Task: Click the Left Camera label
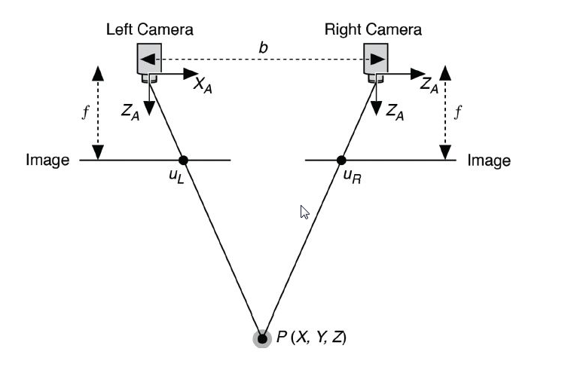coord(149,30)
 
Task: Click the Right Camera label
coord(373,30)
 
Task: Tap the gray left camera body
coord(148,59)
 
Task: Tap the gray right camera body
coord(376,59)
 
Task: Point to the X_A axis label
coord(203,85)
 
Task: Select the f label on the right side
coord(460,113)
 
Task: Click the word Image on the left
coord(47,160)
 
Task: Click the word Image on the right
coord(489,161)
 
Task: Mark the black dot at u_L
coord(183,160)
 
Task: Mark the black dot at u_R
coord(341,160)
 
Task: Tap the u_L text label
coord(176,179)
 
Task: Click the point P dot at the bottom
coord(261,338)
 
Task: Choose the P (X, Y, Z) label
coord(310,338)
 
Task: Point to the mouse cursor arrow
coord(304,212)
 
